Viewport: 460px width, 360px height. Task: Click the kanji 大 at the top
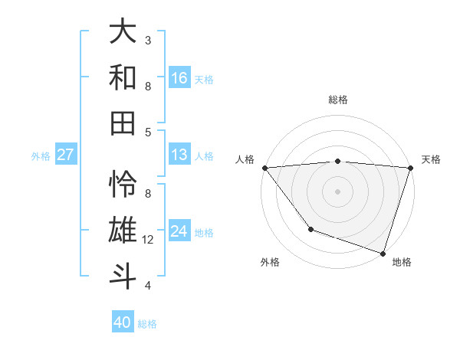(123, 31)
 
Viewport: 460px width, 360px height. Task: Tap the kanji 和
(123, 77)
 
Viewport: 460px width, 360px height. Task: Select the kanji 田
(123, 123)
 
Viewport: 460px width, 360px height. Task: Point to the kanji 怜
(123, 184)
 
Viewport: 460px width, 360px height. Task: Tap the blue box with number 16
(179, 77)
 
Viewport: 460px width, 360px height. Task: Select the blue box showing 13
(179, 155)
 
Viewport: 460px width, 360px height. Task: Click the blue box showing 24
(179, 231)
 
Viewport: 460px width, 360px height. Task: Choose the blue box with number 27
(65, 155)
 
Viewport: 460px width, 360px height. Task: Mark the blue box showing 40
(123, 322)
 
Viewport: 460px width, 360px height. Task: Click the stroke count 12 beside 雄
(148, 240)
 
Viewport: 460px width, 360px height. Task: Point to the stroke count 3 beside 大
(148, 40)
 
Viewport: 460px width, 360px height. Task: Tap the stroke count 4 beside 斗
(148, 286)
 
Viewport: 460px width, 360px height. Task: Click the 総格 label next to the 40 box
(148, 324)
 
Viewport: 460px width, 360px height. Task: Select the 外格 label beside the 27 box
(41, 156)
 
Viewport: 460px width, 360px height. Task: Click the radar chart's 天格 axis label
(431, 159)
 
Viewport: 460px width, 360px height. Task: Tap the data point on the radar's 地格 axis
(383, 253)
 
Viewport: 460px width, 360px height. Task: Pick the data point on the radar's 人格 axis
(264, 168)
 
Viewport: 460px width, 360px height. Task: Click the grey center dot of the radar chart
(337, 191)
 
